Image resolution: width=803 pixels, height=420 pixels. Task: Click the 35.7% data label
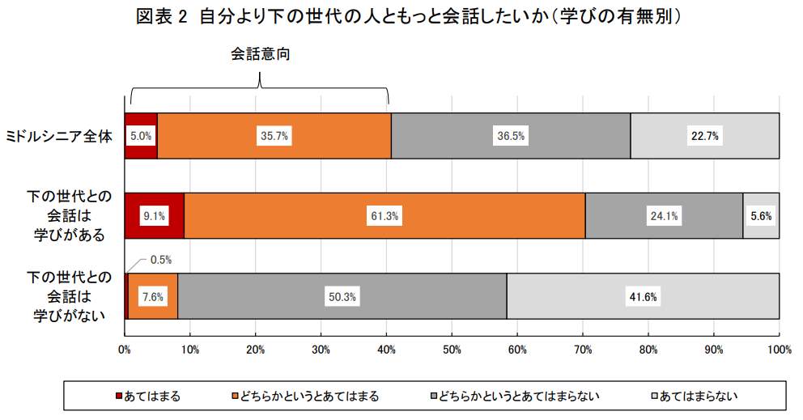point(274,136)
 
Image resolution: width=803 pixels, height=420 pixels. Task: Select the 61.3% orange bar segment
point(453,216)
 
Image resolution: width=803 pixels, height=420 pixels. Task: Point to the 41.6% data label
point(643,297)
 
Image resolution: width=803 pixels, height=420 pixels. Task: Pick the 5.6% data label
point(761,216)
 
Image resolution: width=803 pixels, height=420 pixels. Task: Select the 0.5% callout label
point(161,260)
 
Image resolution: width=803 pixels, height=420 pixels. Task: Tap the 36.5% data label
point(510,136)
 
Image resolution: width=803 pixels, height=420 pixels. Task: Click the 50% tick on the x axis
point(452,350)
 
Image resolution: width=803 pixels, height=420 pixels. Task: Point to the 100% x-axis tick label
point(779,350)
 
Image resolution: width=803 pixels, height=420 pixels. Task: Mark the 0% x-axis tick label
point(125,350)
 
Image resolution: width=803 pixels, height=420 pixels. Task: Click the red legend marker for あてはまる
point(118,396)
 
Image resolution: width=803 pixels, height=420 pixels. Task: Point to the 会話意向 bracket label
point(260,54)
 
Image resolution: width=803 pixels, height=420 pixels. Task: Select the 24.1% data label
point(664,216)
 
